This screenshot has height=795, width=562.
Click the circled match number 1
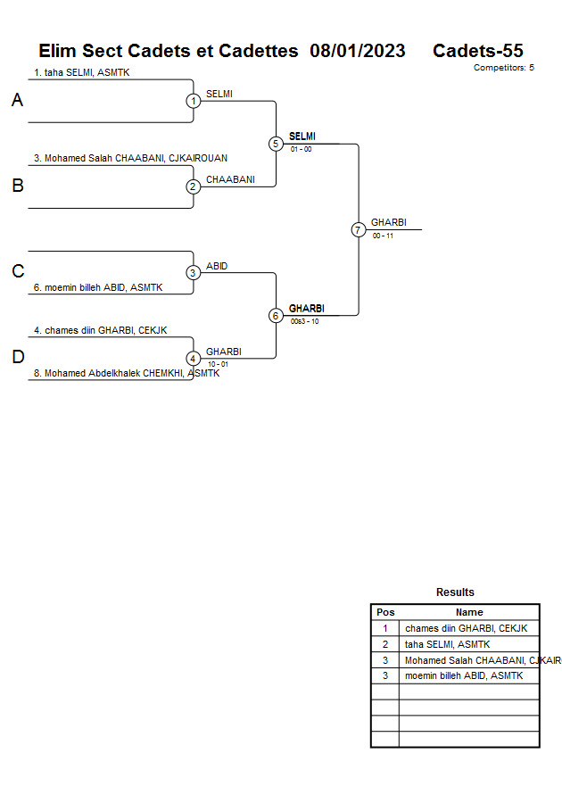click(194, 101)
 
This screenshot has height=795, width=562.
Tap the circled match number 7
click(358, 229)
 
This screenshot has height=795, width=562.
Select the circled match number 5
click(276, 144)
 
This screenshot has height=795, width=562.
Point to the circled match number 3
click(194, 272)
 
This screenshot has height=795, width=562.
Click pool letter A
click(17, 101)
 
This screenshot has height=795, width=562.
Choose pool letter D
click(17, 358)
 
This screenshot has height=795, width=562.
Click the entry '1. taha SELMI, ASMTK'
click(81, 72)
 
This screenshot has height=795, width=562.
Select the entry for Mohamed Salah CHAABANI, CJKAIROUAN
click(130, 158)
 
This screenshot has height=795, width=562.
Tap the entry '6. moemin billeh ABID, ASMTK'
click(97, 287)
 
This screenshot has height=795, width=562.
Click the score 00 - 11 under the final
click(383, 236)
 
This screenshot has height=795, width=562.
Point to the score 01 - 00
click(301, 149)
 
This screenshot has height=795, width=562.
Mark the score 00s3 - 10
click(304, 321)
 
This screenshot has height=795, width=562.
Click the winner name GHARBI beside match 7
click(388, 222)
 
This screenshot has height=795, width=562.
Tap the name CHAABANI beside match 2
click(230, 179)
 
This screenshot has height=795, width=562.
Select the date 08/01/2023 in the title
click(357, 51)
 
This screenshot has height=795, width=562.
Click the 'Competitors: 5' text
click(503, 68)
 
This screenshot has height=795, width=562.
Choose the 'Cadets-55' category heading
click(477, 51)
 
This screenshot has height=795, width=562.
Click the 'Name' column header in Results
click(469, 612)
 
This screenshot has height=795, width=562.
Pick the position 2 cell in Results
click(384, 644)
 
